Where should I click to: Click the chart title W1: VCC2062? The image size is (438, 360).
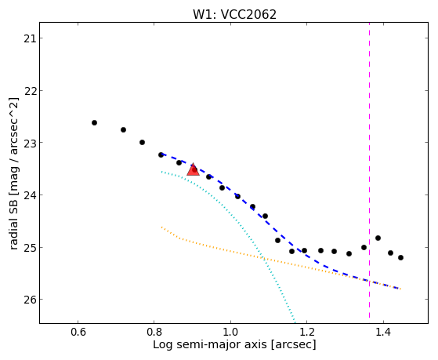coord(234,14)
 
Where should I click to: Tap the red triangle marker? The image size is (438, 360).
coord(193,169)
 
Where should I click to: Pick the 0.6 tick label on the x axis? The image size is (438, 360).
coord(78,332)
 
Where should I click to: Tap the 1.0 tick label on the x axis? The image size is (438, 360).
coord(230,332)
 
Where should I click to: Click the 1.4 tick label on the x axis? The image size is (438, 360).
coord(383,332)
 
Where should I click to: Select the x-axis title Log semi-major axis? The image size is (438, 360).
coord(210,345)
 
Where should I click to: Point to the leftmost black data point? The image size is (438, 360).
coord(94,123)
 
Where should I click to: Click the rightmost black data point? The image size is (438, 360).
coord(401,257)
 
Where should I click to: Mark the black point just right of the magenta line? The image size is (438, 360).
coord(378,238)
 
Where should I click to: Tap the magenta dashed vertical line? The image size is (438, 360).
coord(370,170)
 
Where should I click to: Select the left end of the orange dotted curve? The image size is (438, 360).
coord(161,227)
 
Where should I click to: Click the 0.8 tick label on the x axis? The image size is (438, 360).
coord(154,332)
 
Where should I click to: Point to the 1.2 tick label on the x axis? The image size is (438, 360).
coord(306,332)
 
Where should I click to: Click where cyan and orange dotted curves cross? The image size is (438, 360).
coord(263,259)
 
